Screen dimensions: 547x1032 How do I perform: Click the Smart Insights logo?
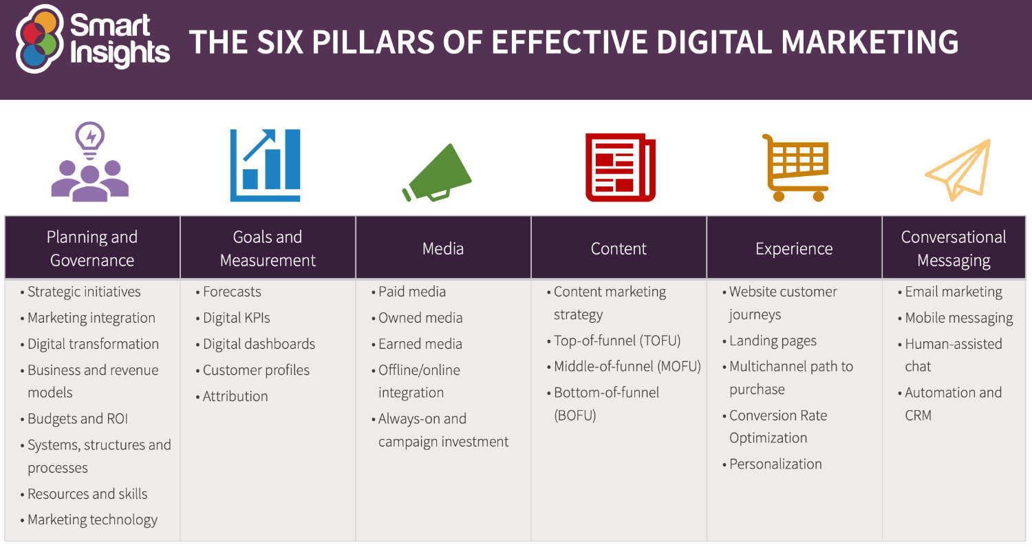92,39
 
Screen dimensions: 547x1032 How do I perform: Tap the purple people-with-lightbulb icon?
90,163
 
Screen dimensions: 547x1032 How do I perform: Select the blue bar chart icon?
265,165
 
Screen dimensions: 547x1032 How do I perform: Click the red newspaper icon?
620,167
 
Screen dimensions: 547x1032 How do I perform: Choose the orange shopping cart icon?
795,167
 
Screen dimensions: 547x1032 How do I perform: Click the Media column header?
443,248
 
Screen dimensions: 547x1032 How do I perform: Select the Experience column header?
794,248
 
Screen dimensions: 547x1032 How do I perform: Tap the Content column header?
619,248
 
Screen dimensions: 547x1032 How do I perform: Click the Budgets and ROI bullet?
78,419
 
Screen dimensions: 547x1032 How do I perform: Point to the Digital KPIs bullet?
236,318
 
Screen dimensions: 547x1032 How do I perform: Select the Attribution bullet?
235,396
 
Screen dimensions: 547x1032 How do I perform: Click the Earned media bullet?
420,344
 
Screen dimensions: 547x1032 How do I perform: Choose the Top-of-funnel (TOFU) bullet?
616,341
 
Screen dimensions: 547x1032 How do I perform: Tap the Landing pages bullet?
773,341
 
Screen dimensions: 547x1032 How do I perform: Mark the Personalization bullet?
775,464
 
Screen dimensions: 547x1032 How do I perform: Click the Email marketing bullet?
954,292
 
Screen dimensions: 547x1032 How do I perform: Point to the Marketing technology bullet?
92,520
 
